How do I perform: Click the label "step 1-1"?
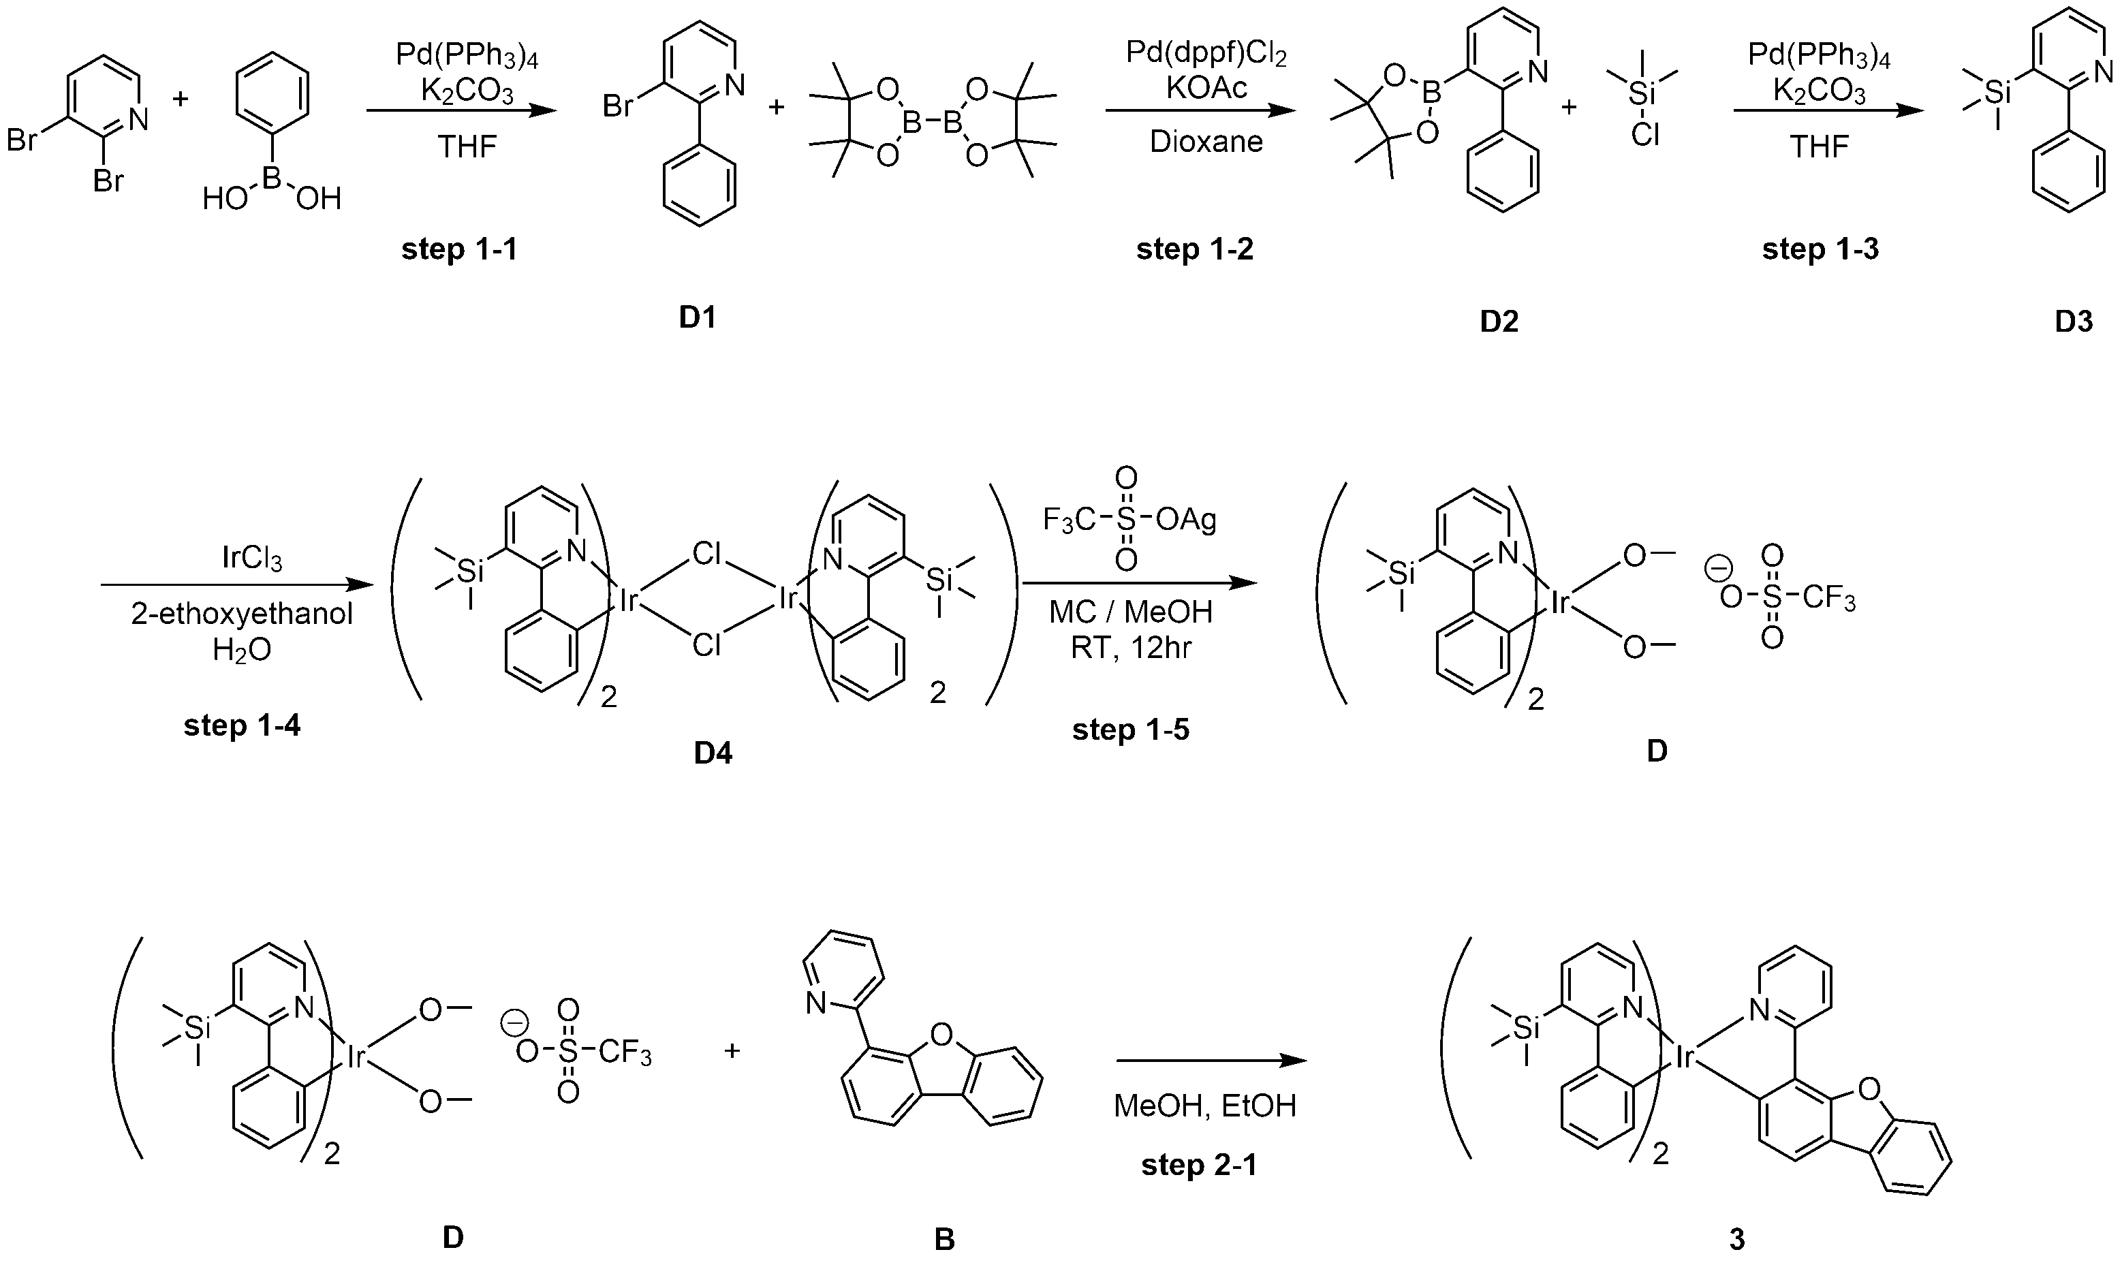pos(459,249)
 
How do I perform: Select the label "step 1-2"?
pos(1195,249)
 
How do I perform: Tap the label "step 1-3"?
pos(1821,249)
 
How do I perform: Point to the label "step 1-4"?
pos(243,725)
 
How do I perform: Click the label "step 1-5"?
pos(1131,730)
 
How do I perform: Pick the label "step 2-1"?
pos(1199,1166)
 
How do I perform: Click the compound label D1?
pos(698,317)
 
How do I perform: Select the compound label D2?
pos(1500,322)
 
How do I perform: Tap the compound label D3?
pos(2074,322)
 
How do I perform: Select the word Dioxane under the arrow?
pos(1206,141)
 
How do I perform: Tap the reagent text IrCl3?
pos(252,559)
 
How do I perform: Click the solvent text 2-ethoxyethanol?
pos(242,614)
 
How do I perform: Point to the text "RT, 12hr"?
pos(1131,649)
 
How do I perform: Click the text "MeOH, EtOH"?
pos(1205,1106)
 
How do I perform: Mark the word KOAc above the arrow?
pos(1206,87)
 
